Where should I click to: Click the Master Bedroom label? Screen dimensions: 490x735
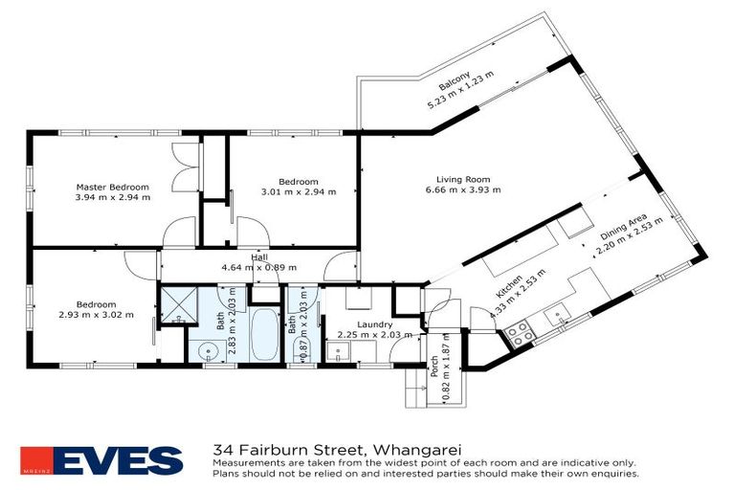(x=113, y=187)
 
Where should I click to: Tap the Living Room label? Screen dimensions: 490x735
(x=463, y=179)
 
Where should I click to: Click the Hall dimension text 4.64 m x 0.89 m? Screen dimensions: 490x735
(x=259, y=267)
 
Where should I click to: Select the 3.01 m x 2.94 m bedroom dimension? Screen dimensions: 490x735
(x=299, y=191)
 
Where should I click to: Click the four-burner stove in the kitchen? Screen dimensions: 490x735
(x=519, y=334)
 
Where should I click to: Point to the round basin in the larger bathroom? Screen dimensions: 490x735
(x=209, y=350)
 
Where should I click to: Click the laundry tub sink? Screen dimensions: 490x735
(x=338, y=353)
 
